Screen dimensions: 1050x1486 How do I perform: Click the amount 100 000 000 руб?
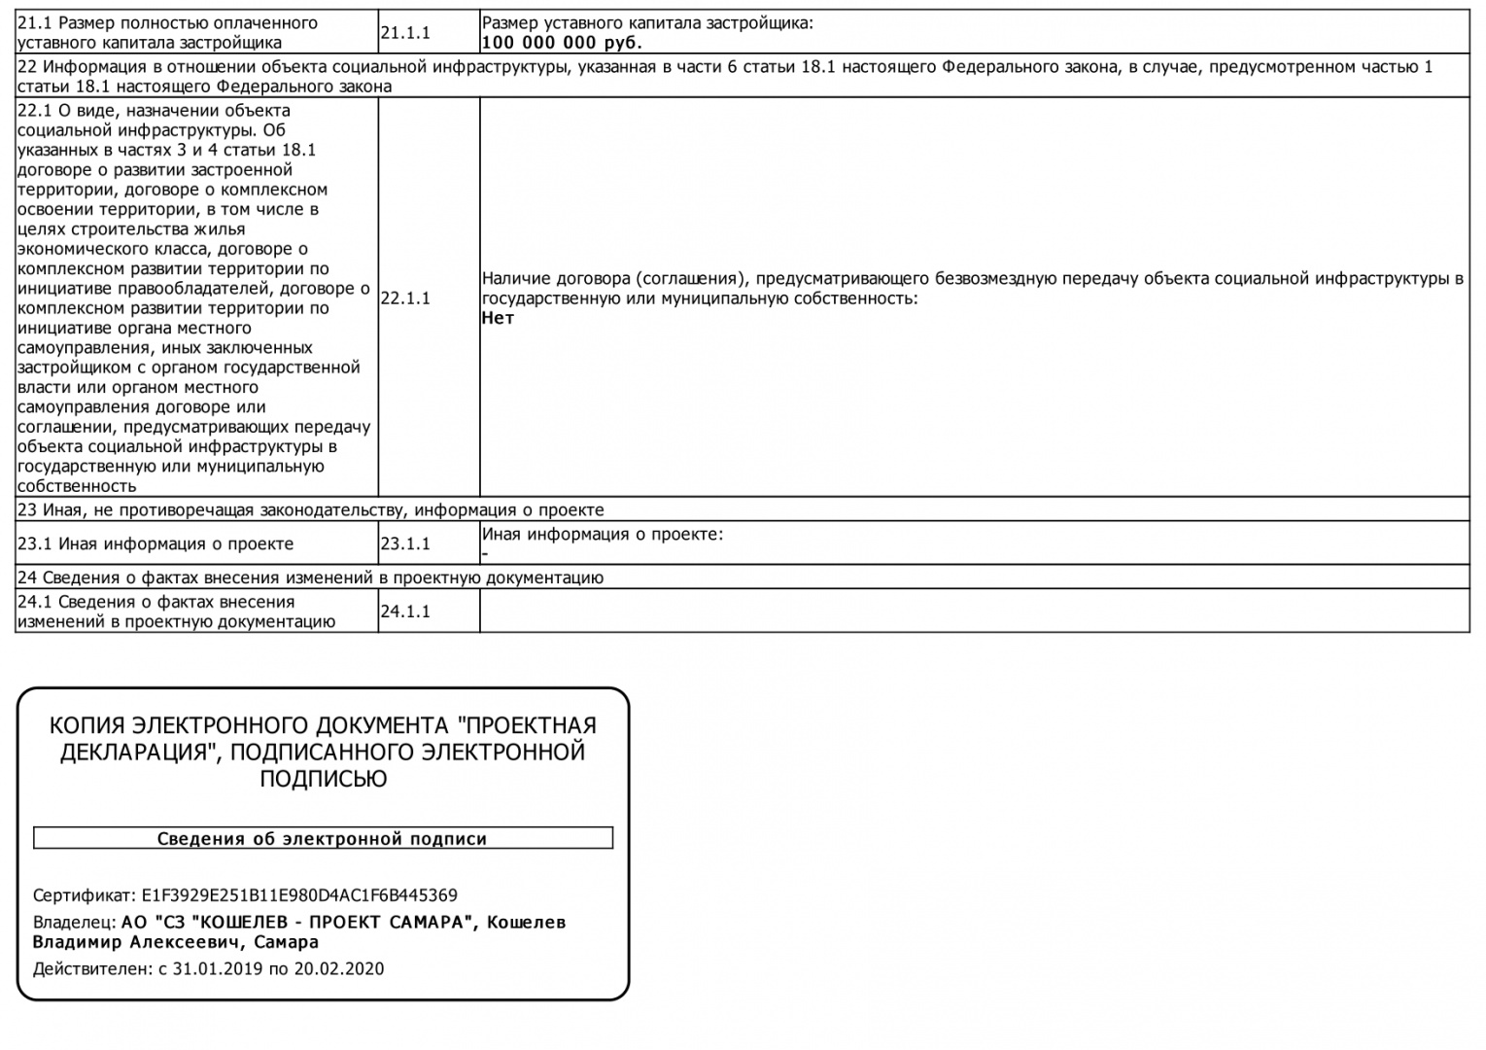click(562, 43)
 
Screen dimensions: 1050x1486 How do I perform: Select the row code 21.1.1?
click(405, 33)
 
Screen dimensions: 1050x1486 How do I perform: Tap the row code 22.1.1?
click(405, 298)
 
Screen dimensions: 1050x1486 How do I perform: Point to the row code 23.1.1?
click(405, 544)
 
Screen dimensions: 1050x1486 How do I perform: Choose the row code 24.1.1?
click(405, 612)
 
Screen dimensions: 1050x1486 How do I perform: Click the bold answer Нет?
click(498, 318)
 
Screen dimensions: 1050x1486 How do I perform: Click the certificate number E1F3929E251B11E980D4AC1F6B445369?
click(299, 895)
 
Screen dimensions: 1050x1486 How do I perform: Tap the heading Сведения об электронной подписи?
click(323, 839)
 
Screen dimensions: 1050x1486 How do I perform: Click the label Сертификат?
click(85, 895)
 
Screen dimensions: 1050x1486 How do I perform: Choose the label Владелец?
click(74, 922)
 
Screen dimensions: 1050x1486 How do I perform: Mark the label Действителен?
click(91, 969)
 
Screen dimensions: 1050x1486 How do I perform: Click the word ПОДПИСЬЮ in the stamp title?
click(323, 779)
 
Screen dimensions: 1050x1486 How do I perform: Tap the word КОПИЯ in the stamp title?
click(87, 726)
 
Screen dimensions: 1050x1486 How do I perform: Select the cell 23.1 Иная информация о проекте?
click(156, 544)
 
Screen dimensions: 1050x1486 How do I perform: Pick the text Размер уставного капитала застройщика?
click(647, 23)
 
